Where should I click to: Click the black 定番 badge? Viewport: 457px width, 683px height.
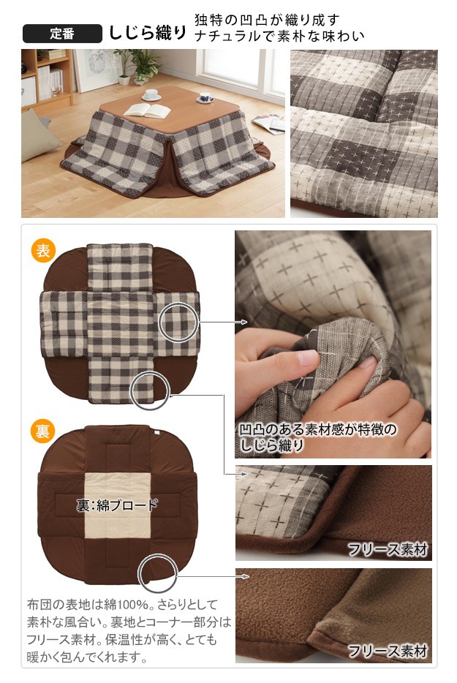(x=62, y=34)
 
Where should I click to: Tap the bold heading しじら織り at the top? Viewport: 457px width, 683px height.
(x=148, y=33)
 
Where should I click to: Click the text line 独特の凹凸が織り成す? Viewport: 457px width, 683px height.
(x=267, y=20)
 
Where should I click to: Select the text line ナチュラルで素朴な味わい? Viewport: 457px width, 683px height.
(x=279, y=36)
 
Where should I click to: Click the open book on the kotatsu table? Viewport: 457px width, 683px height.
(x=147, y=110)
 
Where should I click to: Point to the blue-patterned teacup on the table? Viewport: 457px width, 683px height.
(x=205, y=98)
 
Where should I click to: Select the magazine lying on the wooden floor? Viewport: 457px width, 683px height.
(x=269, y=123)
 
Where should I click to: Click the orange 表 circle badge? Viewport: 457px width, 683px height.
(x=42, y=251)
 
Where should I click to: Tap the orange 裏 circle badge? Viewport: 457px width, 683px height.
(x=42, y=431)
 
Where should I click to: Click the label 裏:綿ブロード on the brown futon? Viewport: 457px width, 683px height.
(x=117, y=505)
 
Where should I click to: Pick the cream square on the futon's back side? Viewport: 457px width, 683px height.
(x=117, y=506)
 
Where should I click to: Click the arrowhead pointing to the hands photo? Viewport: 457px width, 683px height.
(x=244, y=322)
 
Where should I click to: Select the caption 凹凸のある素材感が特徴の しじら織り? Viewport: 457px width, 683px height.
(x=318, y=437)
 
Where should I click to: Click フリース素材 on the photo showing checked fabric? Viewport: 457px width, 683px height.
(x=388, y=550)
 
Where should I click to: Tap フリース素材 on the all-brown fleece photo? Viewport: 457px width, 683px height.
(x=388, y=652)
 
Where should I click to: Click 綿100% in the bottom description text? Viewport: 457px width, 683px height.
(x=129, y=605)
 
